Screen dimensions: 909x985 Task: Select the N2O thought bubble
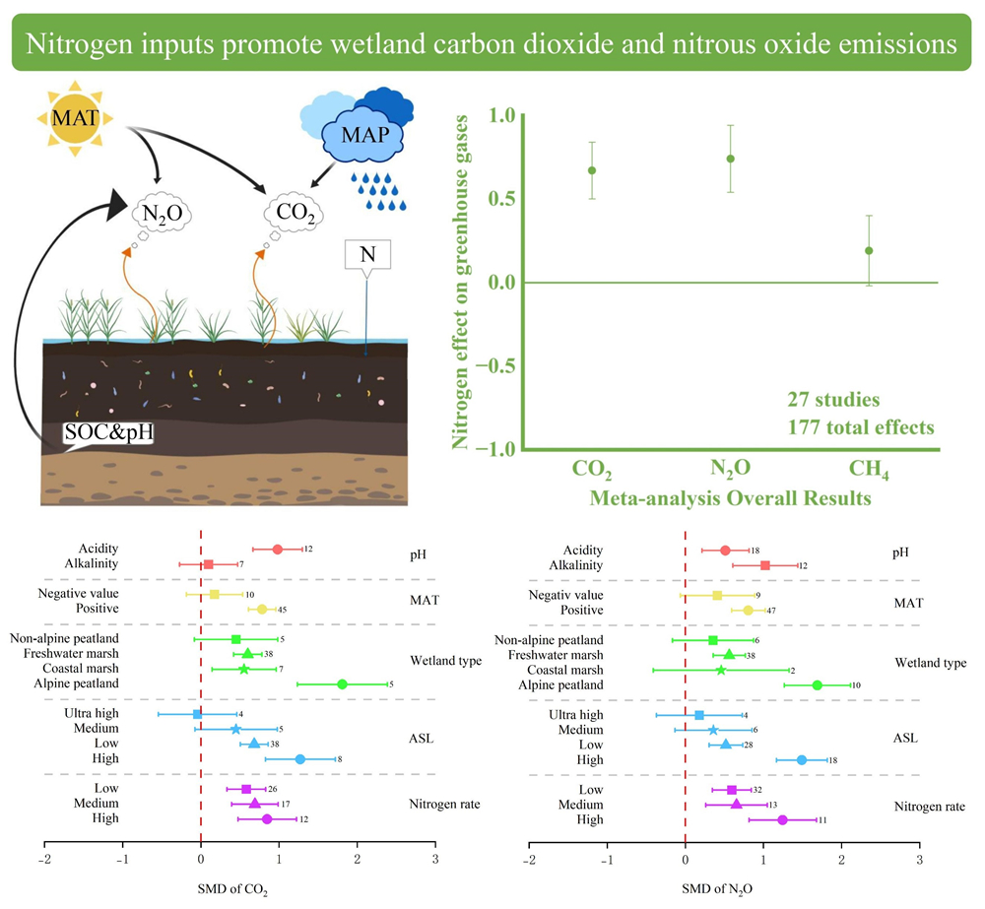coord(163,212)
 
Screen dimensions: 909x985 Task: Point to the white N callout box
coord(367,254)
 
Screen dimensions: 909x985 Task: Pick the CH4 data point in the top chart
coord(869,250)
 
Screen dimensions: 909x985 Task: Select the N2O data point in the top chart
coord(730,159)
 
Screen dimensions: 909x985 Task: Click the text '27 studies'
coord(832,401)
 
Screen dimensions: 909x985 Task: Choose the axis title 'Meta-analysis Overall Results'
coord(730,498)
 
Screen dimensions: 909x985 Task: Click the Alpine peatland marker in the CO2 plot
coord(342,683)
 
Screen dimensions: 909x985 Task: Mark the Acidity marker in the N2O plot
coord(725,551)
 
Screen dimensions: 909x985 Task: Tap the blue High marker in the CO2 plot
coord(300,758)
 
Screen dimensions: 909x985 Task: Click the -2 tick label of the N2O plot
coord(529,860)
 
